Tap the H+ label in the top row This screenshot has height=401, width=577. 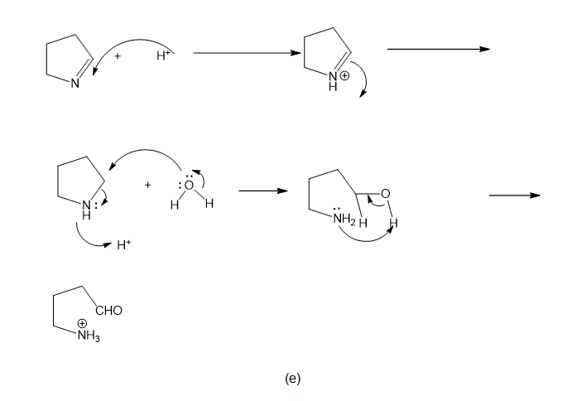click(x=163, y=56)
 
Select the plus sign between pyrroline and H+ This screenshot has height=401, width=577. click(x=118, y=56)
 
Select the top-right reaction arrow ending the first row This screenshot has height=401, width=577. click(x=438, y=49)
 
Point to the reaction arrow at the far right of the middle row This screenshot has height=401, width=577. click(x=514, y=196)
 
